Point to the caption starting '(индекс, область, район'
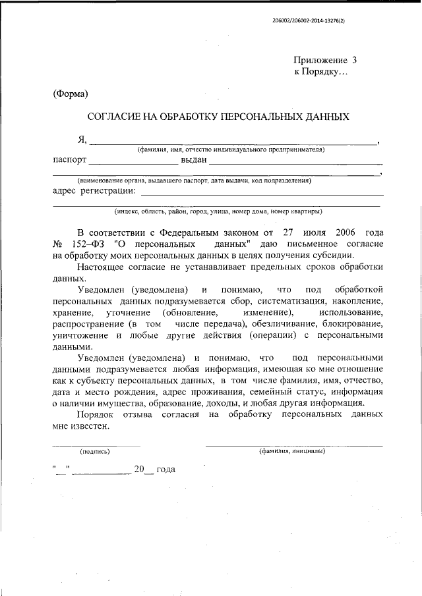pos(218,211)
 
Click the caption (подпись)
pos(95,452)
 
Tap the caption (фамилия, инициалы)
pos(292,452)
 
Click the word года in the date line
pos(162,470)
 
